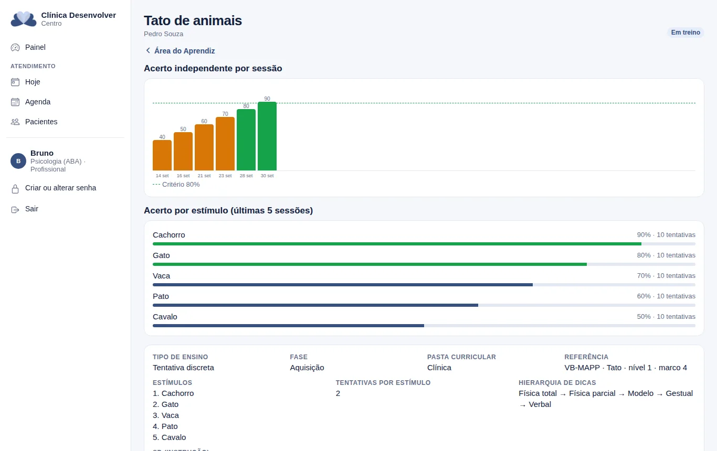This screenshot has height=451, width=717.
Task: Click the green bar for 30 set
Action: [x=267, y=136]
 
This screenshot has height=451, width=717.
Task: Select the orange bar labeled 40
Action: [x=162, y=155]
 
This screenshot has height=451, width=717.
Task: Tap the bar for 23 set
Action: [x=225, y=144]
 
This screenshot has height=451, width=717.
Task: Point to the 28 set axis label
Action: [x=246, y=176]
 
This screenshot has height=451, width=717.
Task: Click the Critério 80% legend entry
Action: [x=176, y=184]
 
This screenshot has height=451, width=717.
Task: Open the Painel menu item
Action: [x=35, y=47]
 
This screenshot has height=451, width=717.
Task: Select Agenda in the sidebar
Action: [x=38, y=102]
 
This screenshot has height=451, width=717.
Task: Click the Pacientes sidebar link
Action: [x=41, y=122]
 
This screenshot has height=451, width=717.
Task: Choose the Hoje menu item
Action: [x=33, y=82]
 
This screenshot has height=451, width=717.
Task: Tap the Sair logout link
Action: [x=31, y=209]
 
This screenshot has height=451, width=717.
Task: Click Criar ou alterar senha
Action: [x=60, y=188]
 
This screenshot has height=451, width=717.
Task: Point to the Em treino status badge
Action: [x=686, y=33]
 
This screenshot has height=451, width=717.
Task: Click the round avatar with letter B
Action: [x=18, y=161]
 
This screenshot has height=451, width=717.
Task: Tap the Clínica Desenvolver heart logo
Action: [x=24, y=19]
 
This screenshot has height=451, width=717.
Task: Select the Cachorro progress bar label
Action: [x=168, y=235]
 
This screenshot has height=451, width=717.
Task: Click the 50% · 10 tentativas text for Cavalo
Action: [x=666, y=316]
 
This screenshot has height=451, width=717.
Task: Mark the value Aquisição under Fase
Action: [x=307, y=368]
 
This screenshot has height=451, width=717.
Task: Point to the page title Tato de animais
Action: [x=193, y=20]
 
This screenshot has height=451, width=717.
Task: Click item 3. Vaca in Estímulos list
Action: [x=166, y=415]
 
